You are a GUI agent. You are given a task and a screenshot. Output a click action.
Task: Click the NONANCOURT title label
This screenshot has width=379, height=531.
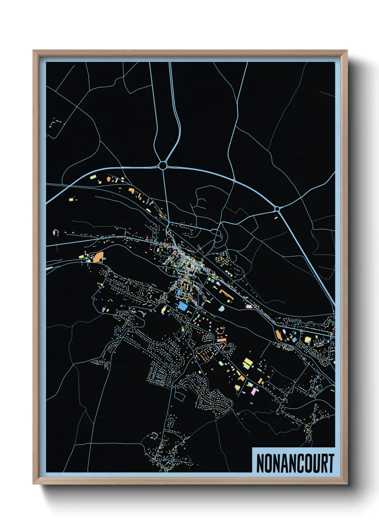295,463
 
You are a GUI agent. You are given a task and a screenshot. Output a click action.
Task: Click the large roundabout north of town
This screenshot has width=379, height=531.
163,165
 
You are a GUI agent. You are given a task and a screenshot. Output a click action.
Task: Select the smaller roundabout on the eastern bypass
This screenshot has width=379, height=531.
277,208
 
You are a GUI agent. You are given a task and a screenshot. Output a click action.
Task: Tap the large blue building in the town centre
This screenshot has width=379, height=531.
182,306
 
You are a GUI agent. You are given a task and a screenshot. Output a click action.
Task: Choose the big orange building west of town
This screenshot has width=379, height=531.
99,257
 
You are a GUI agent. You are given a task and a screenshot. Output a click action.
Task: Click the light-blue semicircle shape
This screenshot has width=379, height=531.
221,308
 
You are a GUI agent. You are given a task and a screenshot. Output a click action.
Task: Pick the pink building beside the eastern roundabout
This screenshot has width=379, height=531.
276,217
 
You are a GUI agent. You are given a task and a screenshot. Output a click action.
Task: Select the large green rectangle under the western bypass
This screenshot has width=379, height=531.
93,177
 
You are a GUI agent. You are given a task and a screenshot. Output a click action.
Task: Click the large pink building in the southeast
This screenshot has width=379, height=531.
255,390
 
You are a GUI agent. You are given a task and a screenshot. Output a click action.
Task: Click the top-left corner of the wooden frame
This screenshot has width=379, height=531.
33,51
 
